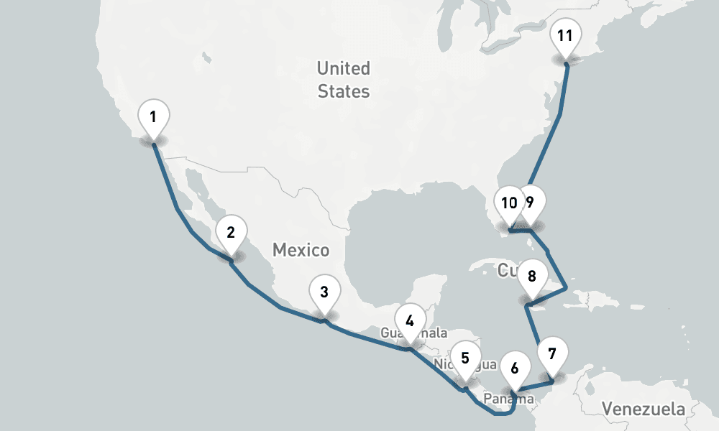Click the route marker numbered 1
tap(153, 116)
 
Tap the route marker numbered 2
tap(231, 233)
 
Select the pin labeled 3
tap(324, 292)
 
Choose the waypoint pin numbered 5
tap(465, 358)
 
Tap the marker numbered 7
tap(552, 354)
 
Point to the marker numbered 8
tap(532, 277)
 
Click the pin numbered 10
tap(508, 203)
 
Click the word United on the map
tap(344, 69)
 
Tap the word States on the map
tap(344, 91)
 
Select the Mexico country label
tap(301, 250)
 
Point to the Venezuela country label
tap(644, 409)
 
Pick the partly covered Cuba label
tap(505, 270)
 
